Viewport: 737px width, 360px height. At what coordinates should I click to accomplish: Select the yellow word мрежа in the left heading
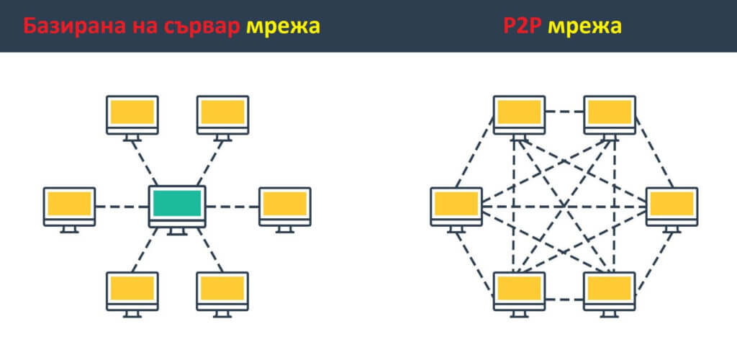(283, 27)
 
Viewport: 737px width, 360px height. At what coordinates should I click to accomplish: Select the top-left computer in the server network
(132, 113)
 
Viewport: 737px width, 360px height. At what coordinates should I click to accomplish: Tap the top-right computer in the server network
(222, 113)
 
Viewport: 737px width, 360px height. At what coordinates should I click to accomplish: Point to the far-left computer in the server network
(69, 205)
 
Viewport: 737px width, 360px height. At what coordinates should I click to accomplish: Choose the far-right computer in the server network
(285, 205)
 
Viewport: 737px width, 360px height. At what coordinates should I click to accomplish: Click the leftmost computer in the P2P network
(456, 205)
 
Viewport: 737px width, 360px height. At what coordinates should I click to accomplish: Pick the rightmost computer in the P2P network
(672, 205)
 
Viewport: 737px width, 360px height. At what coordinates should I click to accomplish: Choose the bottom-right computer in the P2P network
(610, 289)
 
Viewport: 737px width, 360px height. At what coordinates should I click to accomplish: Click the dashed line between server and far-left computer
(122, 207)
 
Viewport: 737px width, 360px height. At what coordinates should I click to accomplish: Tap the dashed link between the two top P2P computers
(564, 112)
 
